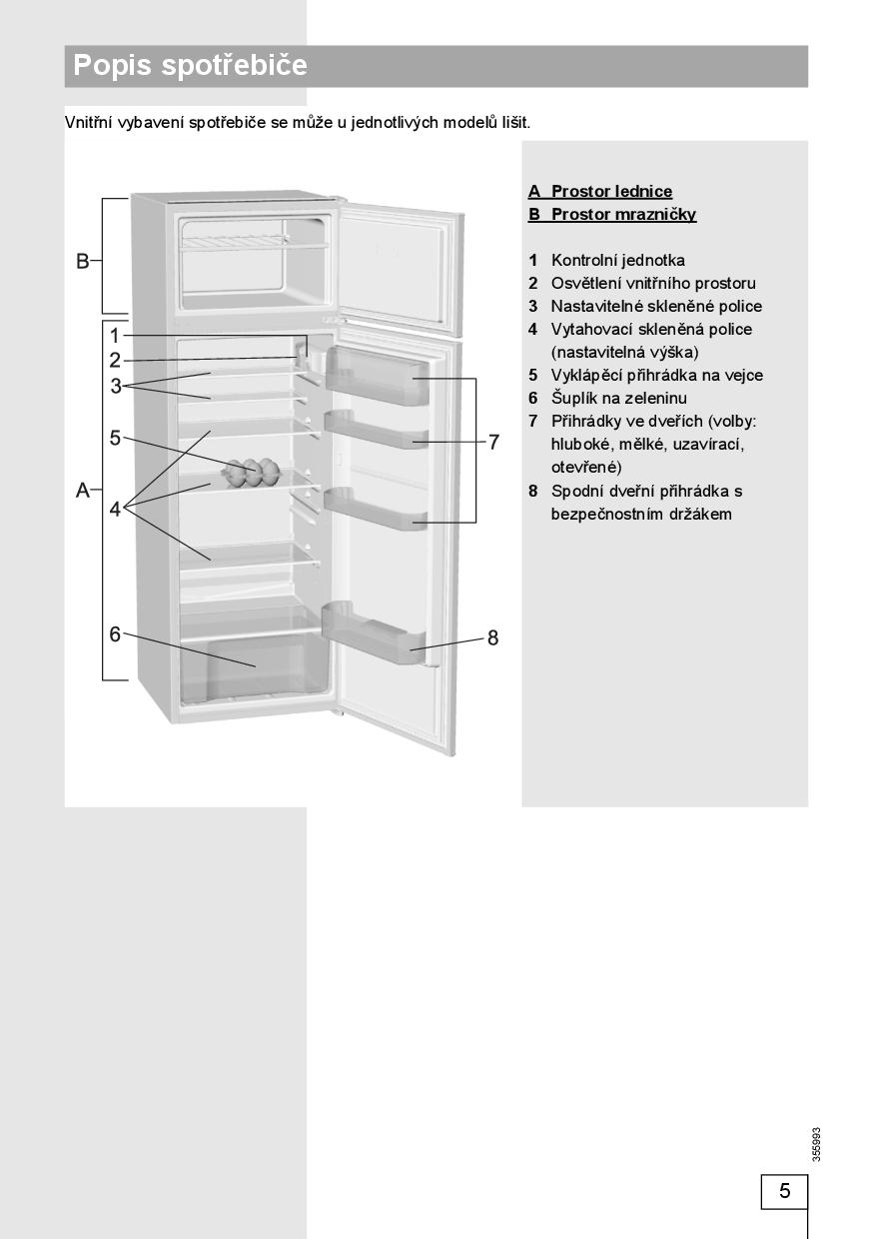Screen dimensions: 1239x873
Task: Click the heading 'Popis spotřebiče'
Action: [x=191, y=66]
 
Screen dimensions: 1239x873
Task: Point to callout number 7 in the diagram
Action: [x=493, y=442]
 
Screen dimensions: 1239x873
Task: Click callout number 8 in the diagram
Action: [x=492, y=637]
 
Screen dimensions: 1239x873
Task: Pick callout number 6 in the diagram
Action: [x=115, y=633]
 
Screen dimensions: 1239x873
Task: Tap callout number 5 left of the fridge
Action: [x=115, y=437]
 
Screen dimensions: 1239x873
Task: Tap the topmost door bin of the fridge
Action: [x=375, y=373]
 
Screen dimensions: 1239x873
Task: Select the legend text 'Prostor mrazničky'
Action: [x=623, y=214]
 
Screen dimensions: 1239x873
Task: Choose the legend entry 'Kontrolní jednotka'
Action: [x=617, y=260]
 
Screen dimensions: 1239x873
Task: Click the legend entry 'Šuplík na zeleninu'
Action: [x=618, y=398]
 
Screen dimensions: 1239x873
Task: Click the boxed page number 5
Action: [x=784, y=1190]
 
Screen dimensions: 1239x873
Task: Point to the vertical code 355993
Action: [x=817, y=1143]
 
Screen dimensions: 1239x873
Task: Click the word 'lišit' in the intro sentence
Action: [x=513, y=122]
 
